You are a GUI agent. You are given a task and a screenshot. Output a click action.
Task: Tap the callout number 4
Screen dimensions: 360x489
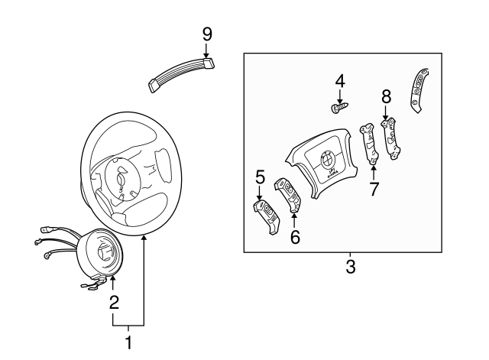coord(340,80)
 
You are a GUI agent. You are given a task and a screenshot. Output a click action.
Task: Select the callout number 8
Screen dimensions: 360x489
coord(386,96)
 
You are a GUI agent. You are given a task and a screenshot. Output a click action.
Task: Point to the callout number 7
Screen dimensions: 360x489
coord(374,190)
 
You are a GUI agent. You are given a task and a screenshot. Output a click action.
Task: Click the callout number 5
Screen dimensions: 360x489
coord(260,178)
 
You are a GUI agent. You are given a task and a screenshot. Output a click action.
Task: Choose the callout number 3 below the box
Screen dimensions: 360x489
coord(351,267)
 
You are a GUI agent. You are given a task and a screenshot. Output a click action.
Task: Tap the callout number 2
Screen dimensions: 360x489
coord(113,302)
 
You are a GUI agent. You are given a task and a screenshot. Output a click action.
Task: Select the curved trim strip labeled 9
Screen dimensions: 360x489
coord(182,73)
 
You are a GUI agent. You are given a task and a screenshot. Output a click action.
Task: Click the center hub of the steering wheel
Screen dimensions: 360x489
coord(122,180)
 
